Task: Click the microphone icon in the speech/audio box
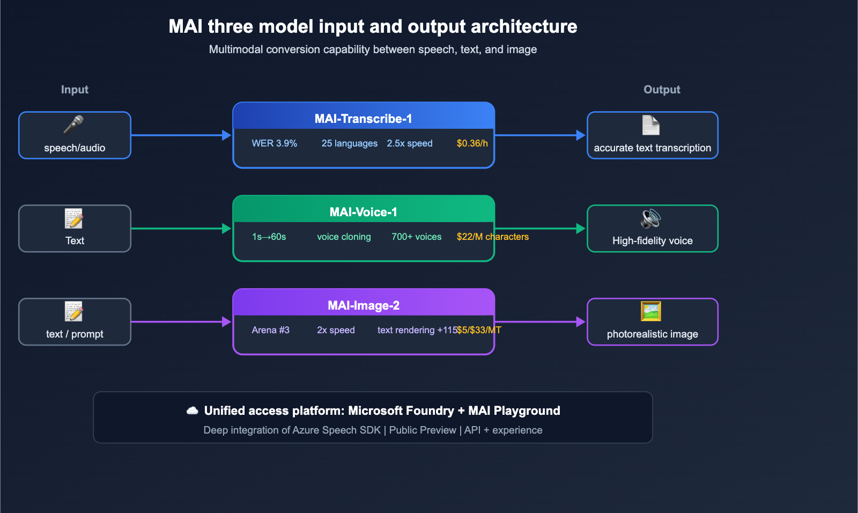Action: [73, 125]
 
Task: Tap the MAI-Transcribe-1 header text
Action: [363, 119]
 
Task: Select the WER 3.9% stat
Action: [274, 143]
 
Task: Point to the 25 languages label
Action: [349, 143]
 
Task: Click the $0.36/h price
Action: [472, 143]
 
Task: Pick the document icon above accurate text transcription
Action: [651, 125]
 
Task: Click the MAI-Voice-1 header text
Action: [363, 212]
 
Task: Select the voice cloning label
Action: [344, 237]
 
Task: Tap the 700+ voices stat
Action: [416, 237]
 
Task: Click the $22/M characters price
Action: [492, 237]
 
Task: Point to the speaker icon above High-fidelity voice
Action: [651, 218]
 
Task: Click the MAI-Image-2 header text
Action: [363, 305]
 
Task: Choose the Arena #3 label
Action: [270, 330]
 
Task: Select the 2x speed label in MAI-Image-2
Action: [336, 330]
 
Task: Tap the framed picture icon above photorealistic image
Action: [651, 311]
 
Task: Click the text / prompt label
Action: [75, 334]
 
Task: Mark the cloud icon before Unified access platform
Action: [192, 411]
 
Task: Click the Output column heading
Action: [662, 90]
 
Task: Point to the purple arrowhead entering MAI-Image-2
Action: [226, 322]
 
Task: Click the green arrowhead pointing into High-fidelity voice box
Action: [580, 229]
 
